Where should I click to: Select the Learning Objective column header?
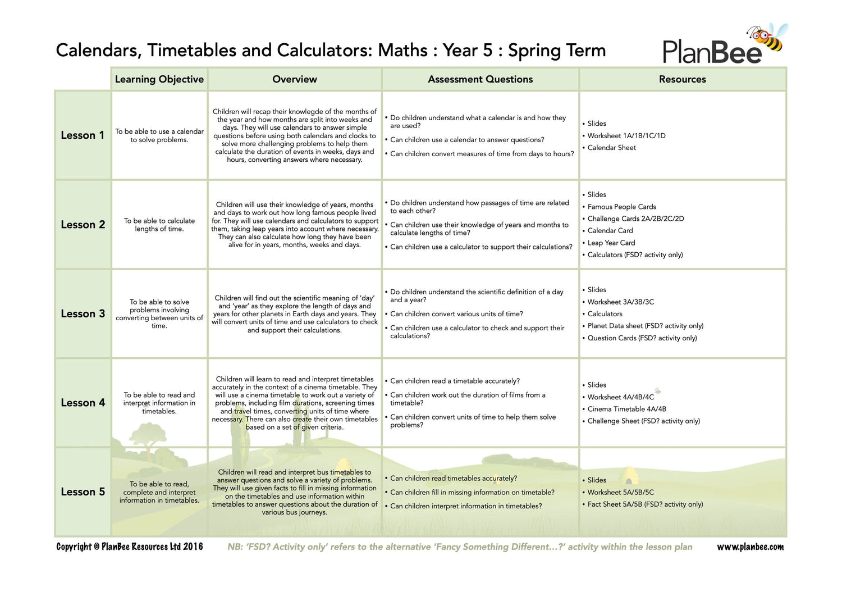(x=159, y=79)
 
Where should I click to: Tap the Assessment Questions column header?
(x=480, y=79)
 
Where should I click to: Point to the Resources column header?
(x=682, y=79)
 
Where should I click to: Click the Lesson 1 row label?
(x=83, y=135)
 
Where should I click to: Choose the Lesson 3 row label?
(x=83, y=313)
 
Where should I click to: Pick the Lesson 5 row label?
(x=83, y=492)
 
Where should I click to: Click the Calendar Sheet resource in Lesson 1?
(x=611, y=148)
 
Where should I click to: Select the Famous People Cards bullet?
(x=621, y=207)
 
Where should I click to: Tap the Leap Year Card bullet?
(x=611, y=243)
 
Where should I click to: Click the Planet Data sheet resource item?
(x=645, y=326)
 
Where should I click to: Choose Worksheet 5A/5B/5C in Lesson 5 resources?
(x=620, y=492)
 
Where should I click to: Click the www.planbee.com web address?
(x=750, y=547)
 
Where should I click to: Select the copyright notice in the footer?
(x=130, y=547)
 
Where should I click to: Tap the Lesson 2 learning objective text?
(x=159, y=225)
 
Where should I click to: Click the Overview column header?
(x=294, y=79)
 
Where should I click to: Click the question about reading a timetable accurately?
(x=455, y=381)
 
